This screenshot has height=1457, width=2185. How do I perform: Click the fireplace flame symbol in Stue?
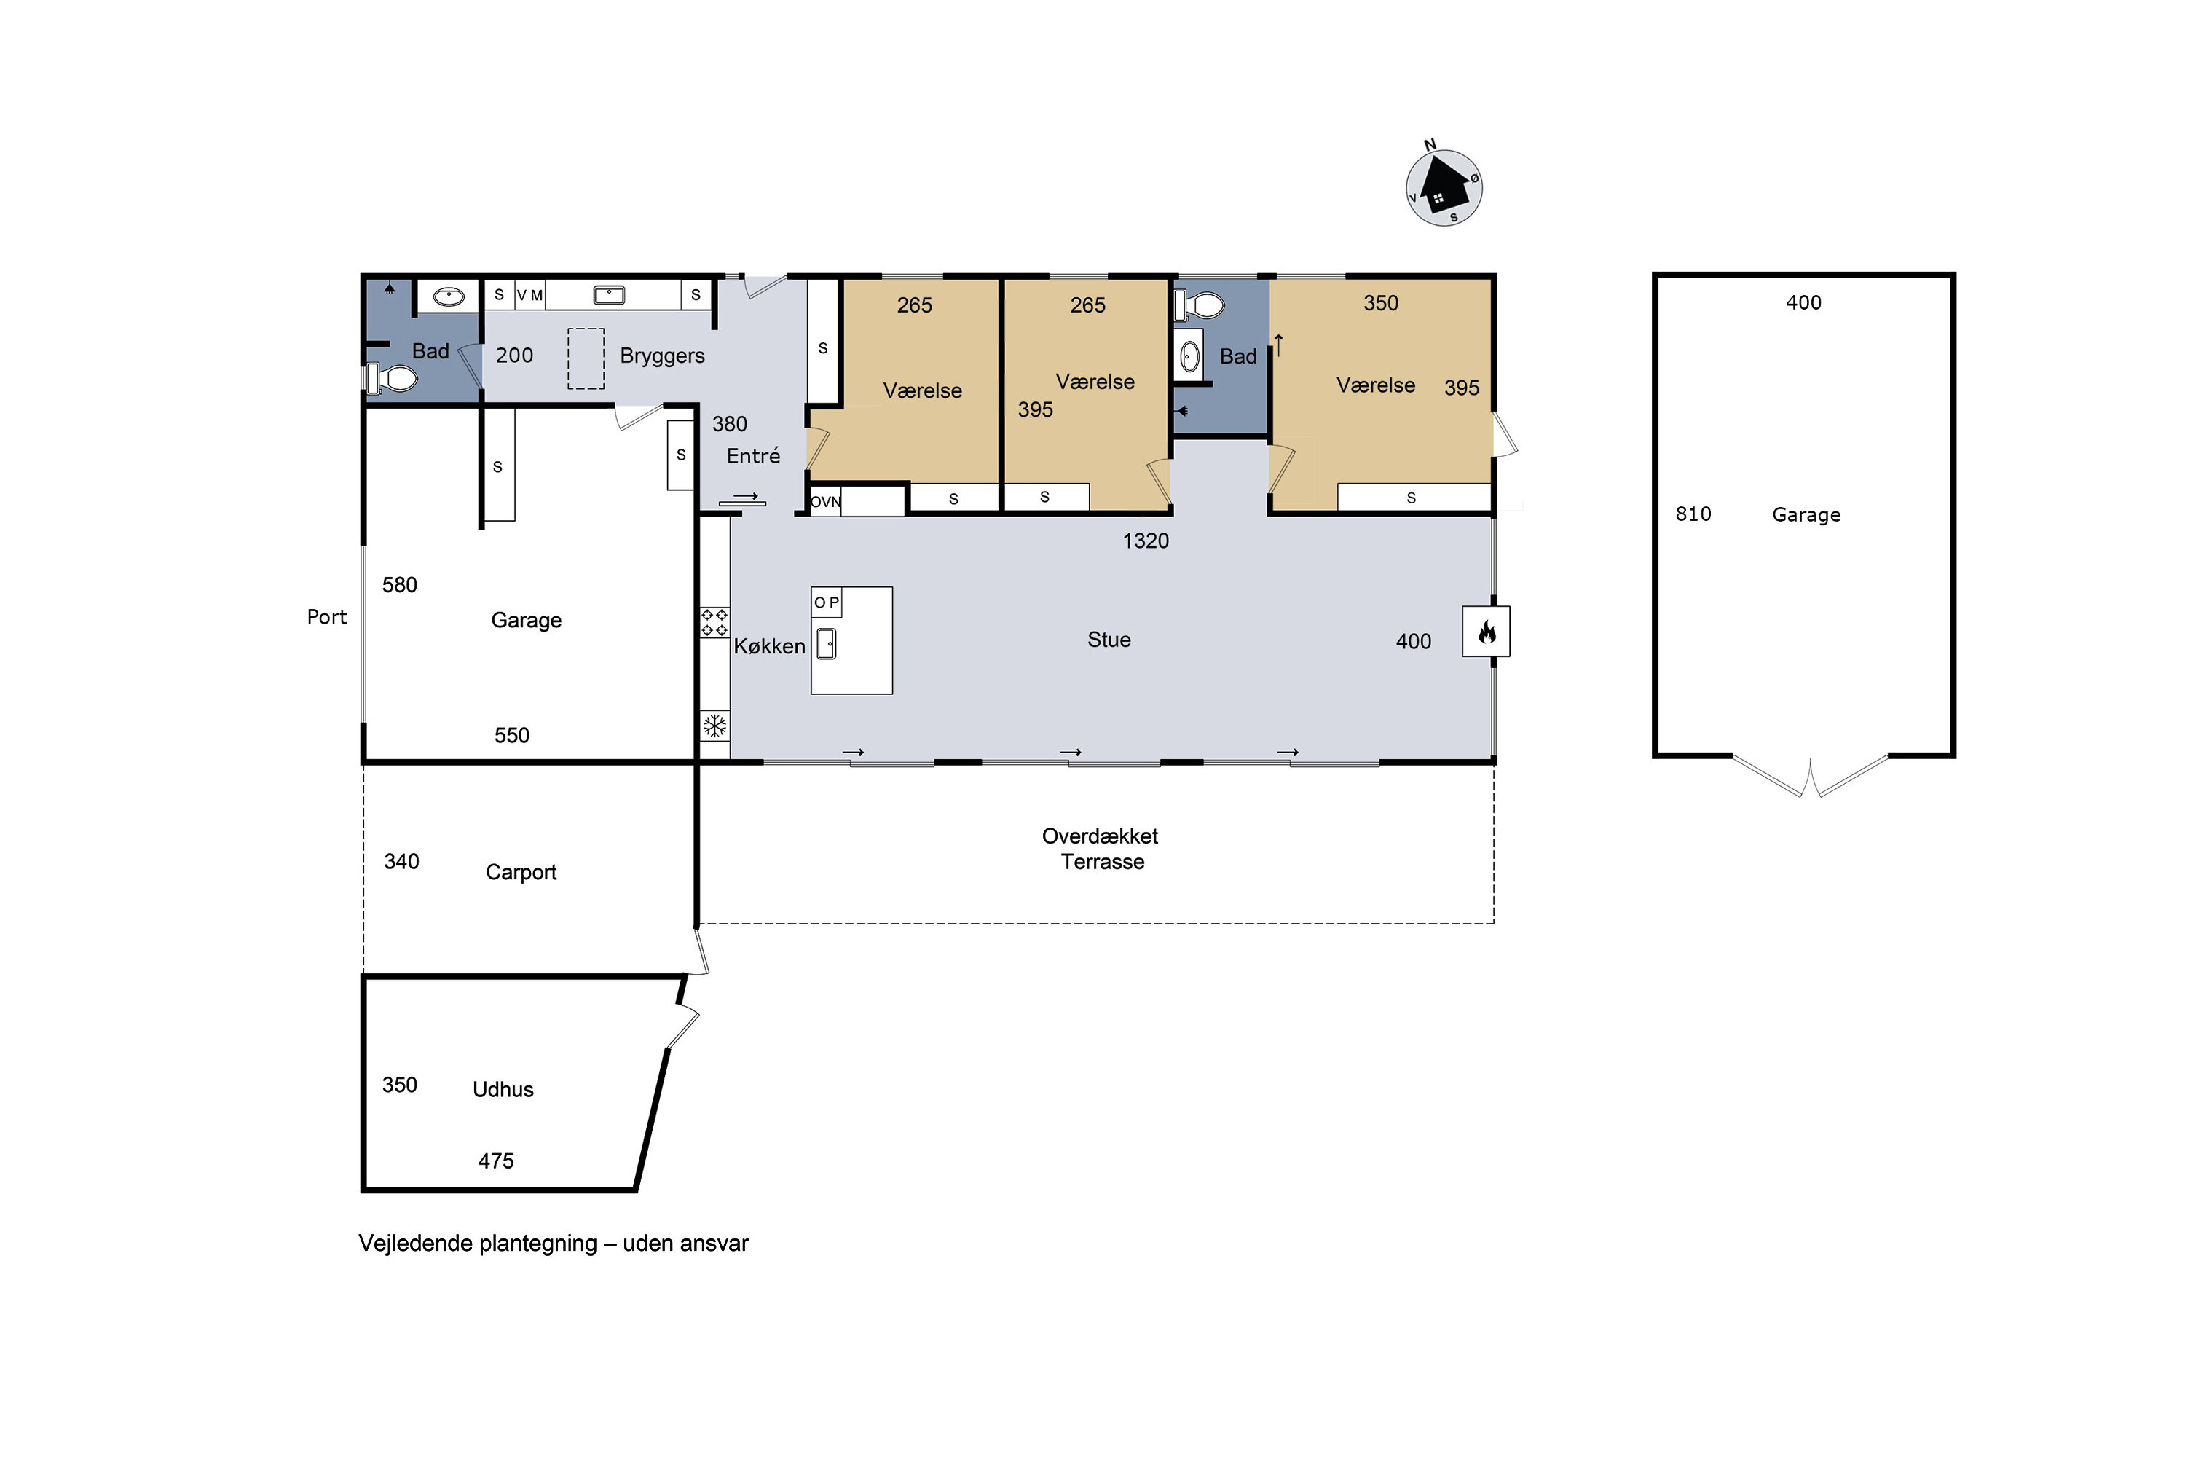[x=1487, y=632]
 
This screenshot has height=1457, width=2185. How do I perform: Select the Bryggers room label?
[x=661, y=356]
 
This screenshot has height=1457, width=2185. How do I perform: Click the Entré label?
[x=753, y=455]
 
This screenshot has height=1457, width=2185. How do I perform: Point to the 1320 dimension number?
[x=1146, y=541]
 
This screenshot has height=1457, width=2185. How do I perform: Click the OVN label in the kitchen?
[x=825, y=502]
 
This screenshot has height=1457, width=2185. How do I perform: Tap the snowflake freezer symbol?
[x=714, y=726]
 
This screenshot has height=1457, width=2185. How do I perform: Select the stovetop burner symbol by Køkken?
[x=714, y=621]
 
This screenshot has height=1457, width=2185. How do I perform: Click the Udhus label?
[x=503, y=1089]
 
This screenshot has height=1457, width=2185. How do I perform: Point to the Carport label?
[x=521, y=871]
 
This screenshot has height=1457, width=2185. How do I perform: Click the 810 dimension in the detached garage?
[x=1693, y=514]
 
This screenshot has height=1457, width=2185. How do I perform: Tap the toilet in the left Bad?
[x=391, y=378]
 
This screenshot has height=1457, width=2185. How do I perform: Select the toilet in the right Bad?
[x=1200, y=304]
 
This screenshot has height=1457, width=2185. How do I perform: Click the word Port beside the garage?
[x=327, y=617]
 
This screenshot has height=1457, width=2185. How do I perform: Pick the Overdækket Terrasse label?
[x=1101, y=849]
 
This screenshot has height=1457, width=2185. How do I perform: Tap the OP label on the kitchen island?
[x=826, y=602]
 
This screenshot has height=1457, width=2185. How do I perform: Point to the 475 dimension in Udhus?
[x=496, y=1161]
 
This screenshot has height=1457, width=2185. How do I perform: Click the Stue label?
[x=1109, y=640]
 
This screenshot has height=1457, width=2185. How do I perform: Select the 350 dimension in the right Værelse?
[x=1380, y=303]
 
